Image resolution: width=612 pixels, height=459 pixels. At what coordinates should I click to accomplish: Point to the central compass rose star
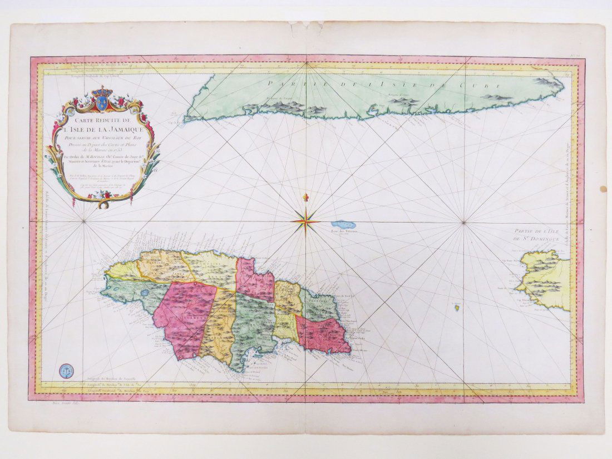click(x=305, y=221)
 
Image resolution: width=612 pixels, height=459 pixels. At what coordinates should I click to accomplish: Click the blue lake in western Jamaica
click(x=144, y=290)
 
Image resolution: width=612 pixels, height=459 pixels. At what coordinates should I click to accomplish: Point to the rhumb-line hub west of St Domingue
click(x=464, y=223)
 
